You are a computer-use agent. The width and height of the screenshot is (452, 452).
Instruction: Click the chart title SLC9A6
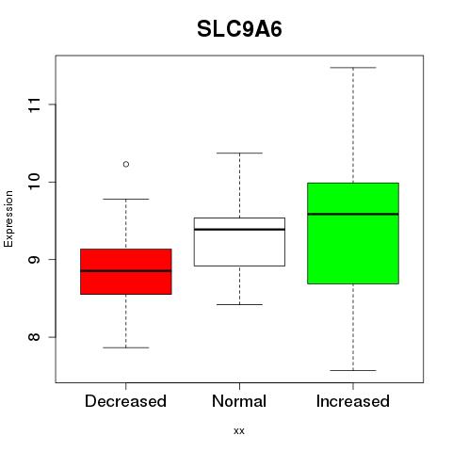click(x=239, y=29)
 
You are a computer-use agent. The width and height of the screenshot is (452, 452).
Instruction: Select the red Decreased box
click(x=126, y=271)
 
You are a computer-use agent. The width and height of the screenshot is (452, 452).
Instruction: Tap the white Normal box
click(x=239, y=242)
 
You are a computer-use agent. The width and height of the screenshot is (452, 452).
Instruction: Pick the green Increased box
click(x=353, y=234)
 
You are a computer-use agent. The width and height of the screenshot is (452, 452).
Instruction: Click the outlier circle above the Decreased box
click(x=126, y=164)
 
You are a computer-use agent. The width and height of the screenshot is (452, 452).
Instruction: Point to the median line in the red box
click(x=126, y=270)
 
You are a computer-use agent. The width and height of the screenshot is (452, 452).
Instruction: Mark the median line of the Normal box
click(x=239, y=230)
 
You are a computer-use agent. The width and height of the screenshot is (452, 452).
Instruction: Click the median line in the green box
click(x=353, y=214)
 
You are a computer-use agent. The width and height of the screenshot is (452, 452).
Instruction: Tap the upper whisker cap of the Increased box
click(x=353, y=68)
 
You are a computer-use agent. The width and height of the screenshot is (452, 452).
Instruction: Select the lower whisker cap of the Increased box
click(x=353, y=370)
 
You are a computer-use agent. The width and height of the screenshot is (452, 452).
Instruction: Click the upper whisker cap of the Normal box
click(x=239, y=153)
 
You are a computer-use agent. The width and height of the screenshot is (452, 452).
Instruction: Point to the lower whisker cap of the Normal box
click(x=239, y=304)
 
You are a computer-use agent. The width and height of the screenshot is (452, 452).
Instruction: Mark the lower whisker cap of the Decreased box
click(x=126, y=347)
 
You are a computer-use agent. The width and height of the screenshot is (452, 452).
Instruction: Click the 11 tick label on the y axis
click(x=35, y=105)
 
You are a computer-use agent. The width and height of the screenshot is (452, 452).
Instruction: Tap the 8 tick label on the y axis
click(x=35, y=337)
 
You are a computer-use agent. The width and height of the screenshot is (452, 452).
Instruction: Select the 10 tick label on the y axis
click(x=35, y=182)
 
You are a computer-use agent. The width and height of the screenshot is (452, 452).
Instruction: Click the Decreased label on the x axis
click(x=125, y=401)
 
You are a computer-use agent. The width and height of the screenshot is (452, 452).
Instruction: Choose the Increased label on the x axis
click(x=353, y=401)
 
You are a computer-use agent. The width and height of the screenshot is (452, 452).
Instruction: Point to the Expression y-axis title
click(x=8, y=218)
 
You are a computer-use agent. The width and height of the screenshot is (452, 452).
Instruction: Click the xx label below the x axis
click(x=239, y=431)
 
